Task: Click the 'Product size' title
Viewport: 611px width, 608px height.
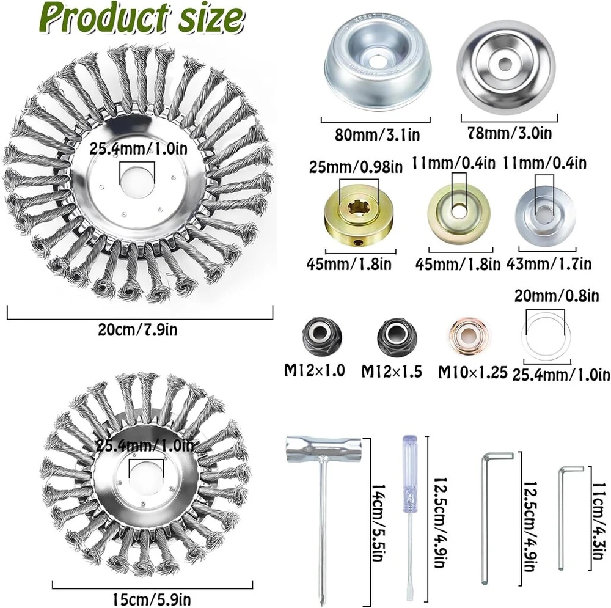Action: [x=142, y=18]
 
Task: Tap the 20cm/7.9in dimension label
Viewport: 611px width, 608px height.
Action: [x=137, y=330]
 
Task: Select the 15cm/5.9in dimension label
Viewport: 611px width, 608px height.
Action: [x=152, y=599]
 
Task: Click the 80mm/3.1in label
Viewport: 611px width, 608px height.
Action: [x=377, y=135]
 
